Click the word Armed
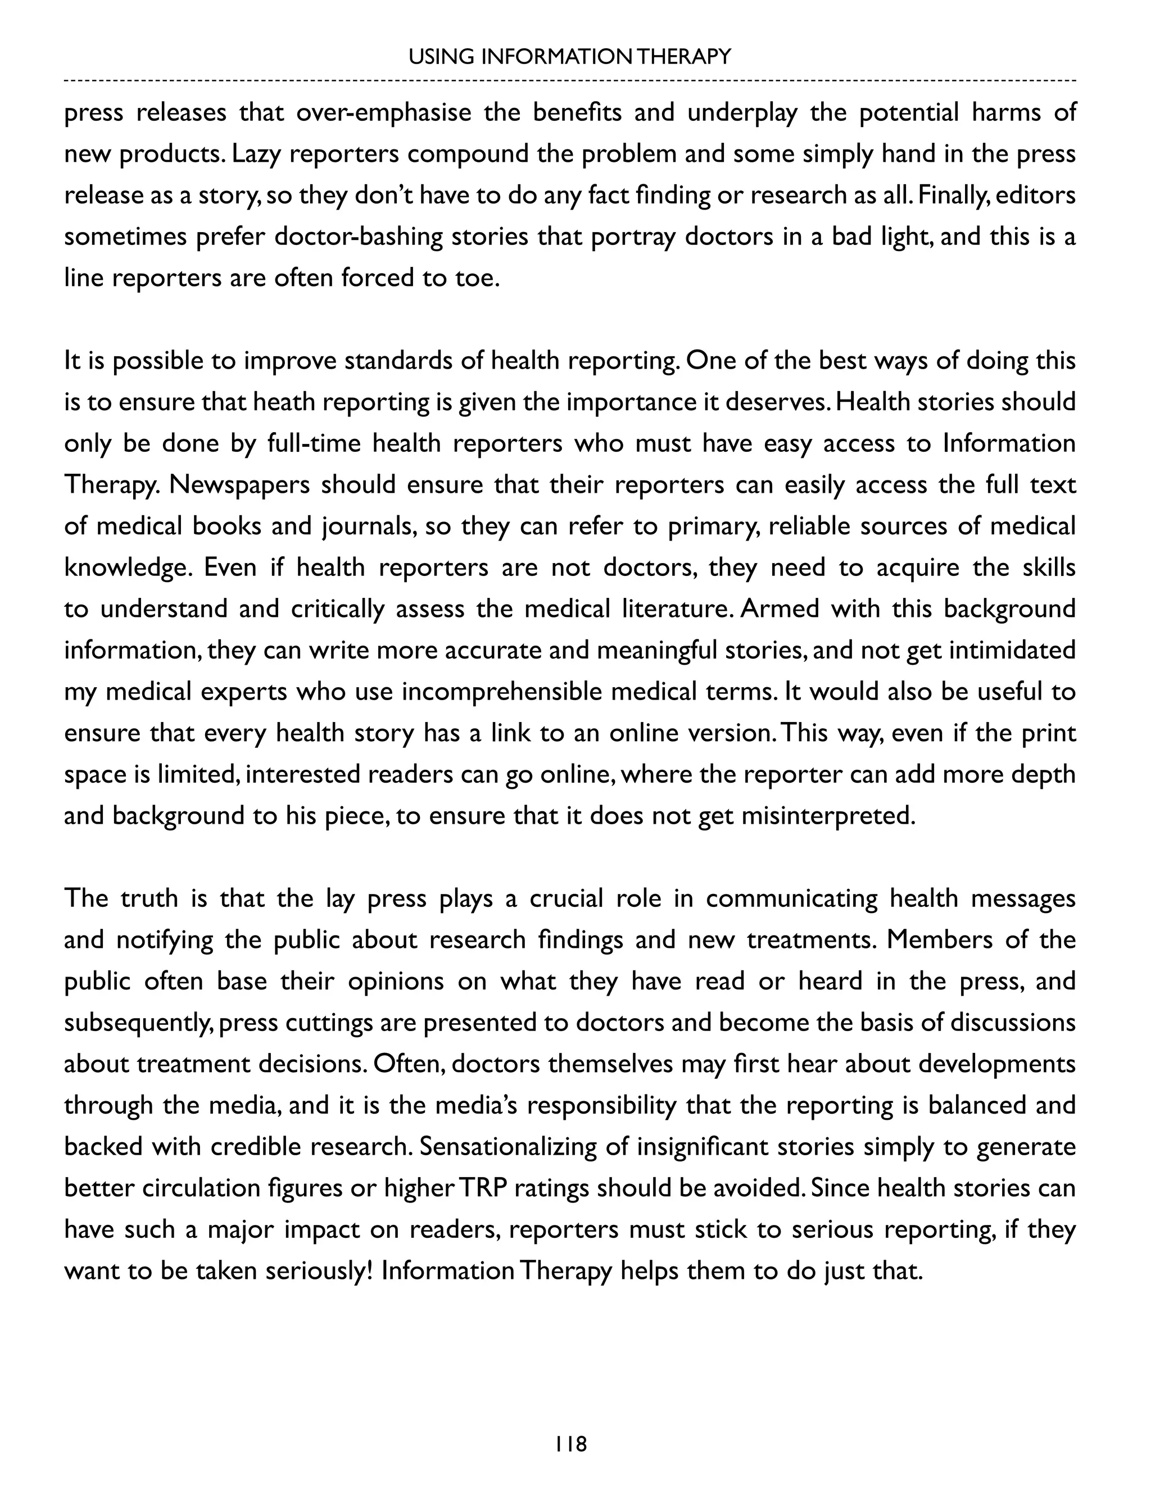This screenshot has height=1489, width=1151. pyautogui.click(x=779, y=610)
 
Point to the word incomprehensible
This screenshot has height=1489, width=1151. pyautogui.click(x=501, y=693)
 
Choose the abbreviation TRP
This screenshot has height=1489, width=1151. pyautogui.click(x=483, y=1189)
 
